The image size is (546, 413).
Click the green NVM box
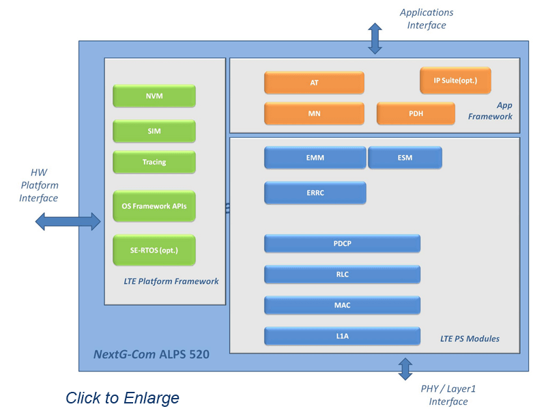(154, 96)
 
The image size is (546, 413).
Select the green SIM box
(154, 131)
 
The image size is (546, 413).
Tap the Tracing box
(154, 162)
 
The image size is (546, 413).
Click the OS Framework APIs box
(154, 206)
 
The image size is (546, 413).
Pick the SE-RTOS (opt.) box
(154, 250)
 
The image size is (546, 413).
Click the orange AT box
(314, 83)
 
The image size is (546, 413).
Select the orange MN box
(314, 113)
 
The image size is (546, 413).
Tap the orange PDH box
(416, 113)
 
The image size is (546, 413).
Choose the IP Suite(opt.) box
(455, 81)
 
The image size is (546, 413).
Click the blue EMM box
(315, 158)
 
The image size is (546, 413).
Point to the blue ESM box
(405, 158)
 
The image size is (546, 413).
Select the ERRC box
(315, 193)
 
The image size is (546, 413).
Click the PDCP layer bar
(342, 244)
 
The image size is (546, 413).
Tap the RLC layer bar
(342, 274)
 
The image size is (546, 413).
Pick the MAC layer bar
(342, 305)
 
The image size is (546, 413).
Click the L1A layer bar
(342, 336)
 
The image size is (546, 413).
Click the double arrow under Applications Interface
(375, 38)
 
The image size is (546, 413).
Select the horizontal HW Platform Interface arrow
(68, 220)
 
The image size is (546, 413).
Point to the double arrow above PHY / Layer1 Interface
(405, 369)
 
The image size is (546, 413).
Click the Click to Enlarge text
(122, 397)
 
